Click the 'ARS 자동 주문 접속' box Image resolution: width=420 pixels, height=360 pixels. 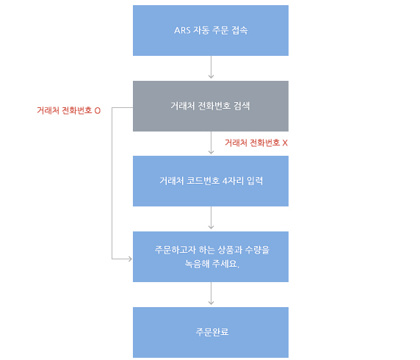pos(211,30)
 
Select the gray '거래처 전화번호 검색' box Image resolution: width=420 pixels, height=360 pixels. pos(211,106)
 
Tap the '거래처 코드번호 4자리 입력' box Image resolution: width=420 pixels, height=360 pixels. pos(211,181)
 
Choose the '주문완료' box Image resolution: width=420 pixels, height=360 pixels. pos(211,332)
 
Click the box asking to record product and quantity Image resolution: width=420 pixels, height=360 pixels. pos(211,256)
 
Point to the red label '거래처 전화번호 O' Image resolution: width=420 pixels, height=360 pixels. pos(68,110)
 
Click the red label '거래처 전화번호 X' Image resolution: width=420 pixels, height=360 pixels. pos(256,143)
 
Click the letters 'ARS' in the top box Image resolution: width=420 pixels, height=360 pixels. pos(182,30)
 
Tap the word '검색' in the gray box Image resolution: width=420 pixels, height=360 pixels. pos(242,106)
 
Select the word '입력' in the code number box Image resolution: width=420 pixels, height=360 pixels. pos(255,181)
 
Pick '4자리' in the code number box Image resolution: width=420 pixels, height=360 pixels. pos(233,181)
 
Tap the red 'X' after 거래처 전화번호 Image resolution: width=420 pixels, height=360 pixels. pos(285,143)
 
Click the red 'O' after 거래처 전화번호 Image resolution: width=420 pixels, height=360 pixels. pos(98,111)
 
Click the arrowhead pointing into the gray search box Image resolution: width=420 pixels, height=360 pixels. pos(211,77)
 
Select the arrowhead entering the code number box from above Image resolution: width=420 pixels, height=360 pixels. pos(211,153)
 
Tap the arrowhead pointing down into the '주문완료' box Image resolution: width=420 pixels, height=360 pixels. pos(211,303)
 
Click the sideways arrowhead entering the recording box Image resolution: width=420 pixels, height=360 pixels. pos(131,259)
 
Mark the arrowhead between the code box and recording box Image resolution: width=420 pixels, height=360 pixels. pos(211,228)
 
